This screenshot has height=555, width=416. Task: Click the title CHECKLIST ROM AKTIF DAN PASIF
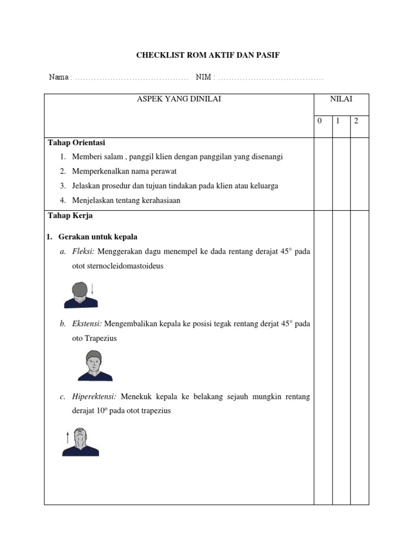point(207,55)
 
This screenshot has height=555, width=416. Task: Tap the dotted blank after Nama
point(131,78)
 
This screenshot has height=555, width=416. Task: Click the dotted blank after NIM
point(270,78)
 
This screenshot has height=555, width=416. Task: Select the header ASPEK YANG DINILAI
point(179,99)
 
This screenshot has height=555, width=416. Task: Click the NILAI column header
point(341,99)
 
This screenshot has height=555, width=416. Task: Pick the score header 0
point(320,121)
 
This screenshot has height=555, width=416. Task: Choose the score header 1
point(337,121)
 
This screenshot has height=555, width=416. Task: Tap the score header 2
point(356,121)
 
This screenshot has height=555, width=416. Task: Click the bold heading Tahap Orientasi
point(76,143)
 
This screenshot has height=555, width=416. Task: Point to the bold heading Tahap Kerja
point(70,216)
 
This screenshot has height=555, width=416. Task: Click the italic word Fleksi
point(84,252)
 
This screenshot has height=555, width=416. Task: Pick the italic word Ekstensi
point(87,324)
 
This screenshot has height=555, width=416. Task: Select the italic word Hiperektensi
point(95,397)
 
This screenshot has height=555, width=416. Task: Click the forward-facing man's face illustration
point(94,365)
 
